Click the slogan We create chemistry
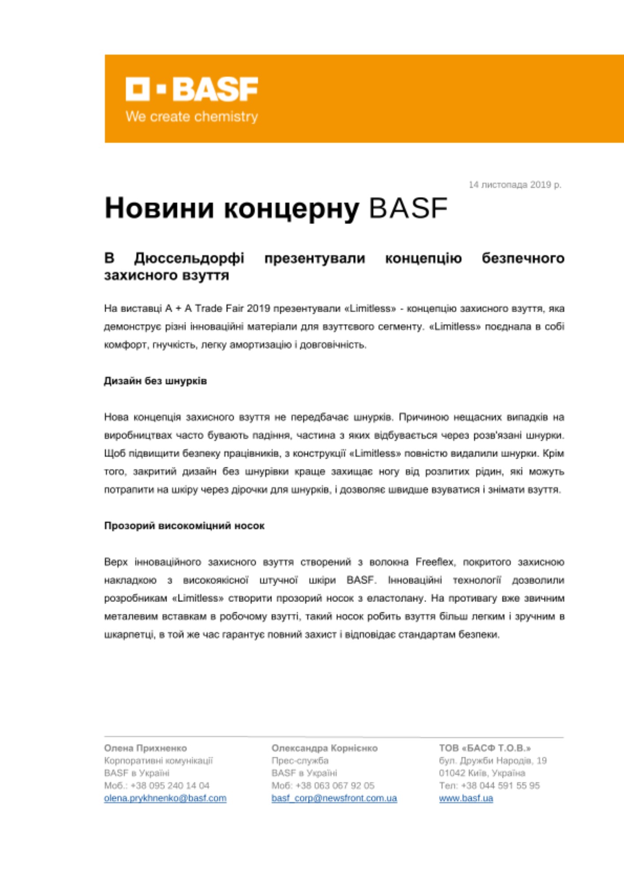tap(192, 117)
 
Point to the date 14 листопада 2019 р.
tap(515, 185)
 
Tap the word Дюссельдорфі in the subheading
tap(189, 258)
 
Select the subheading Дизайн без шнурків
tap(155, 381)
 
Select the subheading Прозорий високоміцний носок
tap(184, 525)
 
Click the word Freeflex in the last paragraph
tap(434, 562)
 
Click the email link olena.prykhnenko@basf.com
tap(165, 798)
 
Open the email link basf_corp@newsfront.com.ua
tap(334, 798)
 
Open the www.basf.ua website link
tap(466, 798)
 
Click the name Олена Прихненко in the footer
tap(145, 748)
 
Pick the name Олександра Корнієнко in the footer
tap(324, 748)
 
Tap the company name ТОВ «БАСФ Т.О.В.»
tap(485, 748)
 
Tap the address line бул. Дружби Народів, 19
tap(492, 760)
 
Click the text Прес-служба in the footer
tap(300, 760)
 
